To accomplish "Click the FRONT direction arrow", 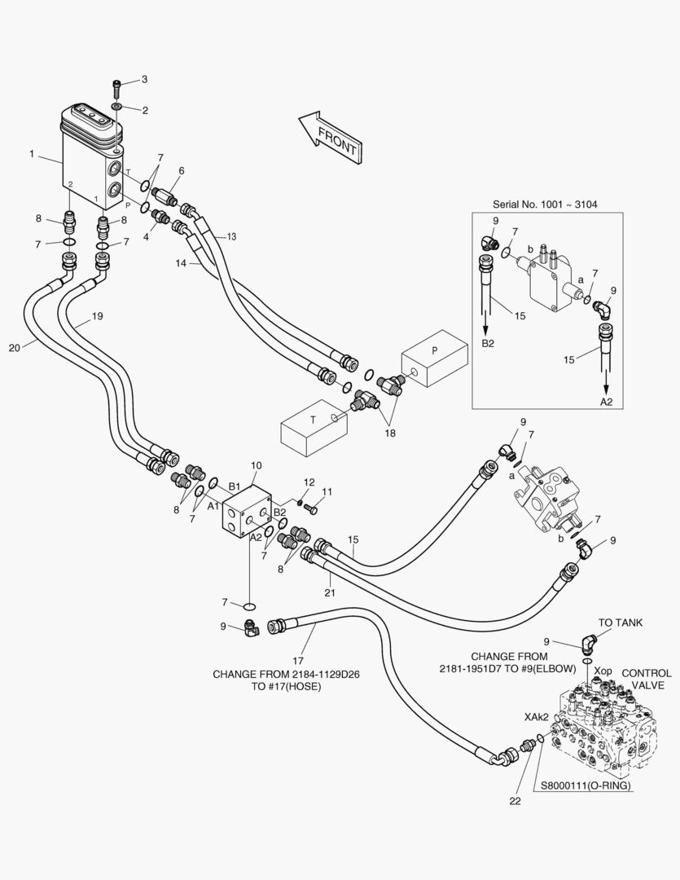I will point(330,136).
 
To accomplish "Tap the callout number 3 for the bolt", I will point(144,79).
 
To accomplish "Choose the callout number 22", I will point(515,801).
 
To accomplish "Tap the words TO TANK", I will point(621,623).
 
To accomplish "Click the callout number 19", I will point(97,315).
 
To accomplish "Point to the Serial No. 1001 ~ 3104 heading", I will point(545,204).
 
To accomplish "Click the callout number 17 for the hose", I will point(299,660).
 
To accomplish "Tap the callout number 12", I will point(309,483).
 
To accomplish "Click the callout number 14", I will point(181,263).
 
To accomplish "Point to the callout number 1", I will point(32,152).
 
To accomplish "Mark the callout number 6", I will point(181,171).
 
